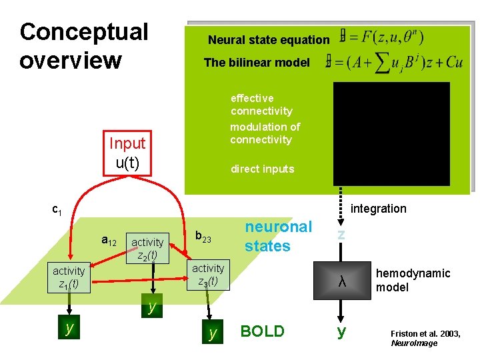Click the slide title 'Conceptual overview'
coord(84,45)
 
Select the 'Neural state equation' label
coord(268,40)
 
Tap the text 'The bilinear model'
coord(257,63)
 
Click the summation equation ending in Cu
coord(394,62)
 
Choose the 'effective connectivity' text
coord(261,105)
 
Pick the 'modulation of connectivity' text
coord(265,133)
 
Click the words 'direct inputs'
coord(262,169)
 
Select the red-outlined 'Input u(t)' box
coord(127,153)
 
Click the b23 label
coord(203,237)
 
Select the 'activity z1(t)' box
coord(69,277)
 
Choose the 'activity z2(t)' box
coord(148,248)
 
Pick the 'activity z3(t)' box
coord(208,275)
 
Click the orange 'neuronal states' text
coord(278,236)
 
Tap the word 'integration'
coord(378,209)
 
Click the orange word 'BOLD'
coord(262,331)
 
